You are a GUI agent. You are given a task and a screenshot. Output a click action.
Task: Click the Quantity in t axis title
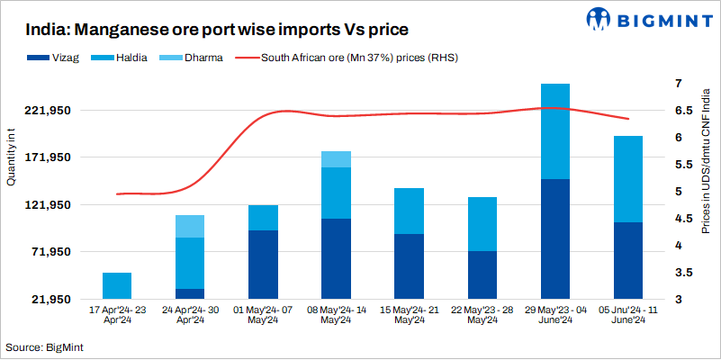click(11, 158)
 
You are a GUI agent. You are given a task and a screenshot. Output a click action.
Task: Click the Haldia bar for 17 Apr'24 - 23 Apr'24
click(117, 285)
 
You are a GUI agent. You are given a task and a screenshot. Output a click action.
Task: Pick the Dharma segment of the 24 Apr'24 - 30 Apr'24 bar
click(190, 226)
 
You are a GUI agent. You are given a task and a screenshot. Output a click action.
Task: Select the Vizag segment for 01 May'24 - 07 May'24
click(263, 265)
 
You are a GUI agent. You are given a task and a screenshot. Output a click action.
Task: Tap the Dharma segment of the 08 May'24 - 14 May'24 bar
click(336, 159)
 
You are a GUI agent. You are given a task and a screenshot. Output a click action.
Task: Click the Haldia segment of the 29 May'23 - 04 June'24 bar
click(554, 131)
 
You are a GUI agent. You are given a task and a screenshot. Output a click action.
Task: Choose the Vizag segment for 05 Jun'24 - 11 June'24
click(627, 260)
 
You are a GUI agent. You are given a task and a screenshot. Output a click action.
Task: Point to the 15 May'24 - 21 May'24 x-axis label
click(409, 314)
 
